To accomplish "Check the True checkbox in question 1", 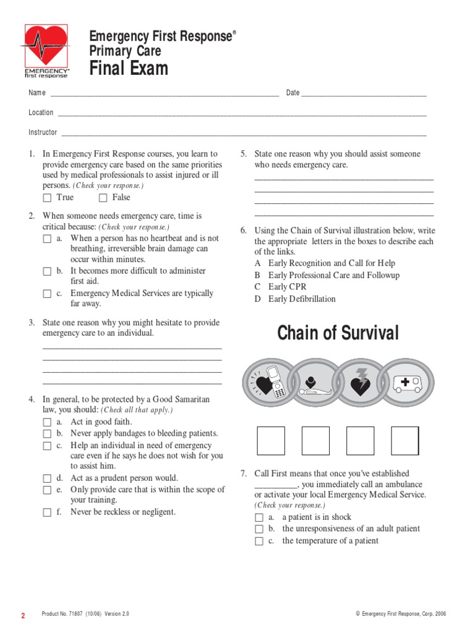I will tap(47, 198).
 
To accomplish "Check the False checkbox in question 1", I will tap(103, 198).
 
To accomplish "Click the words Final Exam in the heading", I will tap(129, 68).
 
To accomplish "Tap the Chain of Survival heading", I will tap(338, 333).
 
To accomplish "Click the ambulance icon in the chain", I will tap(406, 383).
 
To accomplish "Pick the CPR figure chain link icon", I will tap(314, 383).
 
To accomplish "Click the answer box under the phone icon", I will tap(271, 440).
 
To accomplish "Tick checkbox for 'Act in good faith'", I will tap(47, 422).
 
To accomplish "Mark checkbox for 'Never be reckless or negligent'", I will tap(47, 512).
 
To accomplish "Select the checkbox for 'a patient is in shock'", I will tap(259, 517).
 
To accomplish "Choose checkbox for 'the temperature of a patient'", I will tap(259, 542).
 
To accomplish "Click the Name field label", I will tap(37, 93).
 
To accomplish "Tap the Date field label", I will tap(293, 93).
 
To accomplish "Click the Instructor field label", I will tap(43, 132).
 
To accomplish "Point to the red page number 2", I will tap(24, 616).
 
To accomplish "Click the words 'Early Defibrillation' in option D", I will tap(302, 299).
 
